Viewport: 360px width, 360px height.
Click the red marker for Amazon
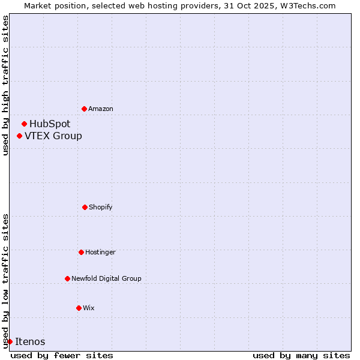pyautogui.click(x=84, y=109)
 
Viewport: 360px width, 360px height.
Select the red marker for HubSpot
pyautogui.click(x=24, y=124)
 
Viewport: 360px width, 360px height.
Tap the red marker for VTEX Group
pyautogui.click(x=19, y=136)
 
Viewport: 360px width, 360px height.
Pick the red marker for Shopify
pyautogui.click(x=85, y=207)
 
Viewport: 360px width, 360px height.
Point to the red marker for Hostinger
pyautogui.click(x=81, y=252)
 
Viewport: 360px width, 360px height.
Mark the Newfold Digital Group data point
pyautogui.click(x=67, y=278)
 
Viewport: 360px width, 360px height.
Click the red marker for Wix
pyautogui.click(x=79, y=308)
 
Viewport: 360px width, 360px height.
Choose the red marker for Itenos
pyautogui.click(x=10, y=341)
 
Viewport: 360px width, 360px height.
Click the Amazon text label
pyautogui.click(x=101, y=109)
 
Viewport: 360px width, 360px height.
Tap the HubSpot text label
pyautogui.click(x=50, y=124)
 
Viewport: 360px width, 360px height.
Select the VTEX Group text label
pyautogui.click(x=53, y=136)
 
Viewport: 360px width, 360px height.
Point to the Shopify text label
pyautogui.click(x=101, y=207)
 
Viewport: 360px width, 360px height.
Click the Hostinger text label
pyautogui.click(x=100, y=252)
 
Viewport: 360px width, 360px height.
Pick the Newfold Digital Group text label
pyautogui.click(x=106, y=278)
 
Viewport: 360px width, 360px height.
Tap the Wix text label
pyautogui.click(x=89, y=308)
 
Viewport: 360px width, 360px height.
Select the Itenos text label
pyautogui.click(x=30, y=341)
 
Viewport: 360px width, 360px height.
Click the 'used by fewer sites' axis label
pyautogui.click(x=62, y=355)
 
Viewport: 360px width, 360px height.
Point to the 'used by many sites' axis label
pyautogui.click(x=301, y=355)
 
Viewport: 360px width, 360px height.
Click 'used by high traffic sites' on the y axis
pyautogui.click(x=5, y=86)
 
